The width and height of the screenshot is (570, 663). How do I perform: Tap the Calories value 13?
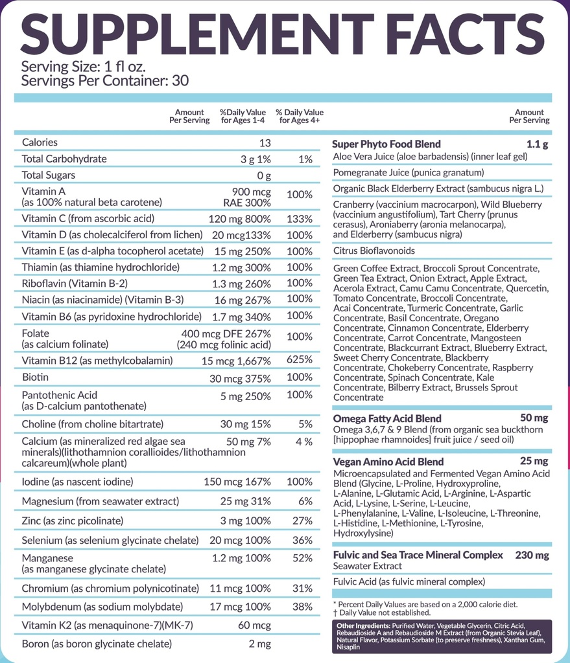[x=265, y=143]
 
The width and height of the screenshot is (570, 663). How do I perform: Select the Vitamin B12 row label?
[x=97, y=361]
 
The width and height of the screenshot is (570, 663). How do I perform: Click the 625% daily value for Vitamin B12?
[x=300, y=359]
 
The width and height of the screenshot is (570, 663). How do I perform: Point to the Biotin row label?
[x=35, y=377]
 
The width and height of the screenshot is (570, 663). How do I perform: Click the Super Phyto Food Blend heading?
[x=386, y=144]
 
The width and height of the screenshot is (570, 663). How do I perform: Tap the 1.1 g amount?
[x=537, y=144]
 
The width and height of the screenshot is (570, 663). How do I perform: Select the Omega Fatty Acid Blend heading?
[x=387, y=419]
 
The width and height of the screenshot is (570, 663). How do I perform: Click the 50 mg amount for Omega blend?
[x=534, y=418]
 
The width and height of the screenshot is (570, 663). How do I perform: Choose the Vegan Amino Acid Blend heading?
[x=388, y=462]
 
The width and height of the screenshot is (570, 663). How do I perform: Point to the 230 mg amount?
[x=532, y=555]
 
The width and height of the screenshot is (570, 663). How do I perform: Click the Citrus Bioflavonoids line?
[x=374, y=251]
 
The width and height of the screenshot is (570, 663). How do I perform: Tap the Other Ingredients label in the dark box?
[x=363, y=626]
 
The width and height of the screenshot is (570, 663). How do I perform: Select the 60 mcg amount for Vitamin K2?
[x=254, y=625]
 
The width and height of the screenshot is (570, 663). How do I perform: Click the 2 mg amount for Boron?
[x=259, y=644]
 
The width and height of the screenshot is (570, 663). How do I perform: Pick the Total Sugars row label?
[x=48, y=175]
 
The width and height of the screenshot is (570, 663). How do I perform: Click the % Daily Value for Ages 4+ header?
[x=300, y=117]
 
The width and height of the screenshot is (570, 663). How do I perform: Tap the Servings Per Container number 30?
[x=180, y=81]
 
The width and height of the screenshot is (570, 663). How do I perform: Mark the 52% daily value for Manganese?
[x=302, y=558]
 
